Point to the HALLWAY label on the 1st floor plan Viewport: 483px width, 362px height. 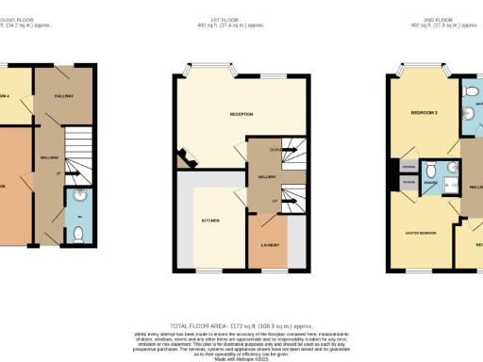point(266,175)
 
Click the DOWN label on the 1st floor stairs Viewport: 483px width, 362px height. point(275,150)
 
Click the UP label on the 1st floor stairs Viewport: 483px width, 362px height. point(275,200)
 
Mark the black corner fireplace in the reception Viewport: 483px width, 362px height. point(187,161)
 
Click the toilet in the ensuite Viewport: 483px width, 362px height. point(430,170)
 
